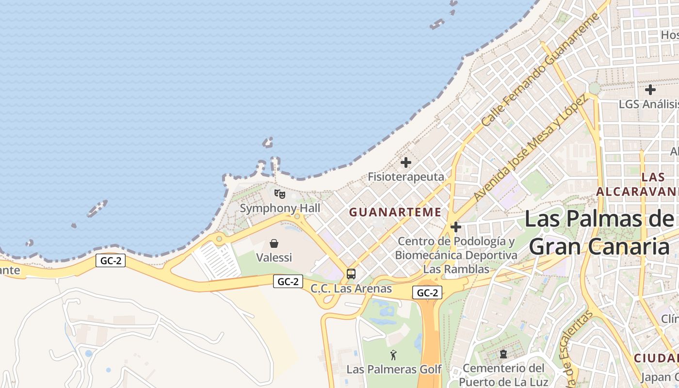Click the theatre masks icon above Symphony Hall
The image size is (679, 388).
[x=280, y=194]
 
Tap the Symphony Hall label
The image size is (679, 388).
[x=280, y=209]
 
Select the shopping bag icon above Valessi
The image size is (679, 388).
[x=274, y=243]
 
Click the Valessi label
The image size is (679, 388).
[x=274, y=258]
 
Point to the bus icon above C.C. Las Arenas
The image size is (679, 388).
[x=351, y=274]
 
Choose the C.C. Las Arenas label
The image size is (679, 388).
[x=351, y=289]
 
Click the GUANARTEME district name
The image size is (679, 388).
[x=395, y=212]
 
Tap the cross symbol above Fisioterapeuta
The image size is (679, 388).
[x=406, y=162]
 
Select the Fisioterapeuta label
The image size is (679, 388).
[x=406, y=177]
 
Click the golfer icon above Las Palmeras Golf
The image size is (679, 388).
[x=393, y=355]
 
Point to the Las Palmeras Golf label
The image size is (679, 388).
[x=394, y=370]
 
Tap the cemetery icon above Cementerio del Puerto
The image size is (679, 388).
[x=503, y=354]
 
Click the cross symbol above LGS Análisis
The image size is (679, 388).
[x=650, y=90]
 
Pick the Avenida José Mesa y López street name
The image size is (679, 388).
[x=531, y=148]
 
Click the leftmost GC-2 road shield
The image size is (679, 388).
[x=111, y=260]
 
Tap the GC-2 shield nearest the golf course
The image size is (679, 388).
[x=427, y=292]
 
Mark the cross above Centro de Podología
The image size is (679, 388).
[x=455, y=226]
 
